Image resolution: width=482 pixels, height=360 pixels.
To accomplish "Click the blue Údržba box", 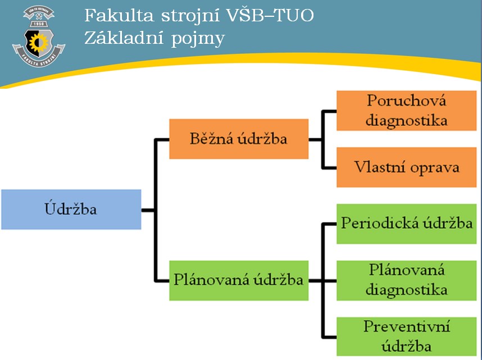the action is click(x=71, y=209).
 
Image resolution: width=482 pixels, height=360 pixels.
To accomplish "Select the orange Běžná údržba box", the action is click(x=239, y=139).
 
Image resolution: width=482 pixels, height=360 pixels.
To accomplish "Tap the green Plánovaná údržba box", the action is click(x=239, y=280).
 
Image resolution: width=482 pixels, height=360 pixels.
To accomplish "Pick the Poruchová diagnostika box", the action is click(x=406, y=111).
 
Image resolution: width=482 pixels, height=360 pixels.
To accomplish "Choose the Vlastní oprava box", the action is click(x=406, y=167).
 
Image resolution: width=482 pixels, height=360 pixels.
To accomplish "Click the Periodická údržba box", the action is click(x=406, y=224).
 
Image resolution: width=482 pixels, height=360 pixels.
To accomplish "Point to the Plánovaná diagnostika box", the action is click(x=406, y=280).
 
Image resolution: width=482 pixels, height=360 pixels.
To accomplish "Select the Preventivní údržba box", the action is click(x=406, y=336).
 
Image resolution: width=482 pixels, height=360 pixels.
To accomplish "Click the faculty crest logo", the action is click(x=39, y=36).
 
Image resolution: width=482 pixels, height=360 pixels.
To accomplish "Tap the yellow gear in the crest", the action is click(x=39, y=43).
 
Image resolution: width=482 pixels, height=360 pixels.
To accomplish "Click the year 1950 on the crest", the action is click(x=39, y=24).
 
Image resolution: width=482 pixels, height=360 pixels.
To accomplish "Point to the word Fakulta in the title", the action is click(x=119, y=15).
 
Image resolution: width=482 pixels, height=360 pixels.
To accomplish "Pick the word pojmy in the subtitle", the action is click(x=198, y=40).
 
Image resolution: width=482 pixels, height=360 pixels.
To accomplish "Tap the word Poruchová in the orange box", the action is click(x=406, y=101).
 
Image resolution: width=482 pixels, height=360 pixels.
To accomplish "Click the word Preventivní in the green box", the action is click(x=407, y=326).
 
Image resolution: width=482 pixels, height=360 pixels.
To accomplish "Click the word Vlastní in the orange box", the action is click(x=380, y=167).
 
